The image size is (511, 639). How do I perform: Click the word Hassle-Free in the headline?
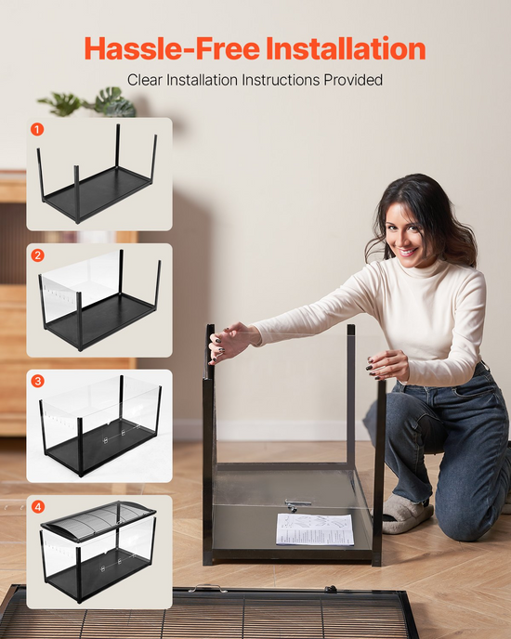172,48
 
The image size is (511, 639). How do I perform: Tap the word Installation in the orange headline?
346,48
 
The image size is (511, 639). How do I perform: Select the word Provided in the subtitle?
353,80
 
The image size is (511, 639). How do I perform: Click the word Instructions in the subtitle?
281,80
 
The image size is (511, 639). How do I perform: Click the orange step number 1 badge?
37,130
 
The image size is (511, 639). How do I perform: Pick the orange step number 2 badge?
37,255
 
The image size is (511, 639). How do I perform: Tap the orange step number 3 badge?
37,381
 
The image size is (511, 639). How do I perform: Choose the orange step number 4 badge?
38,507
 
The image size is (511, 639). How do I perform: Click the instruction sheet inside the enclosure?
315,529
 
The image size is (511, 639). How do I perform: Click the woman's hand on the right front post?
387,366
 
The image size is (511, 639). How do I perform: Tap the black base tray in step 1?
98,191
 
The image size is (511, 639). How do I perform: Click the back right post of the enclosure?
350,396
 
